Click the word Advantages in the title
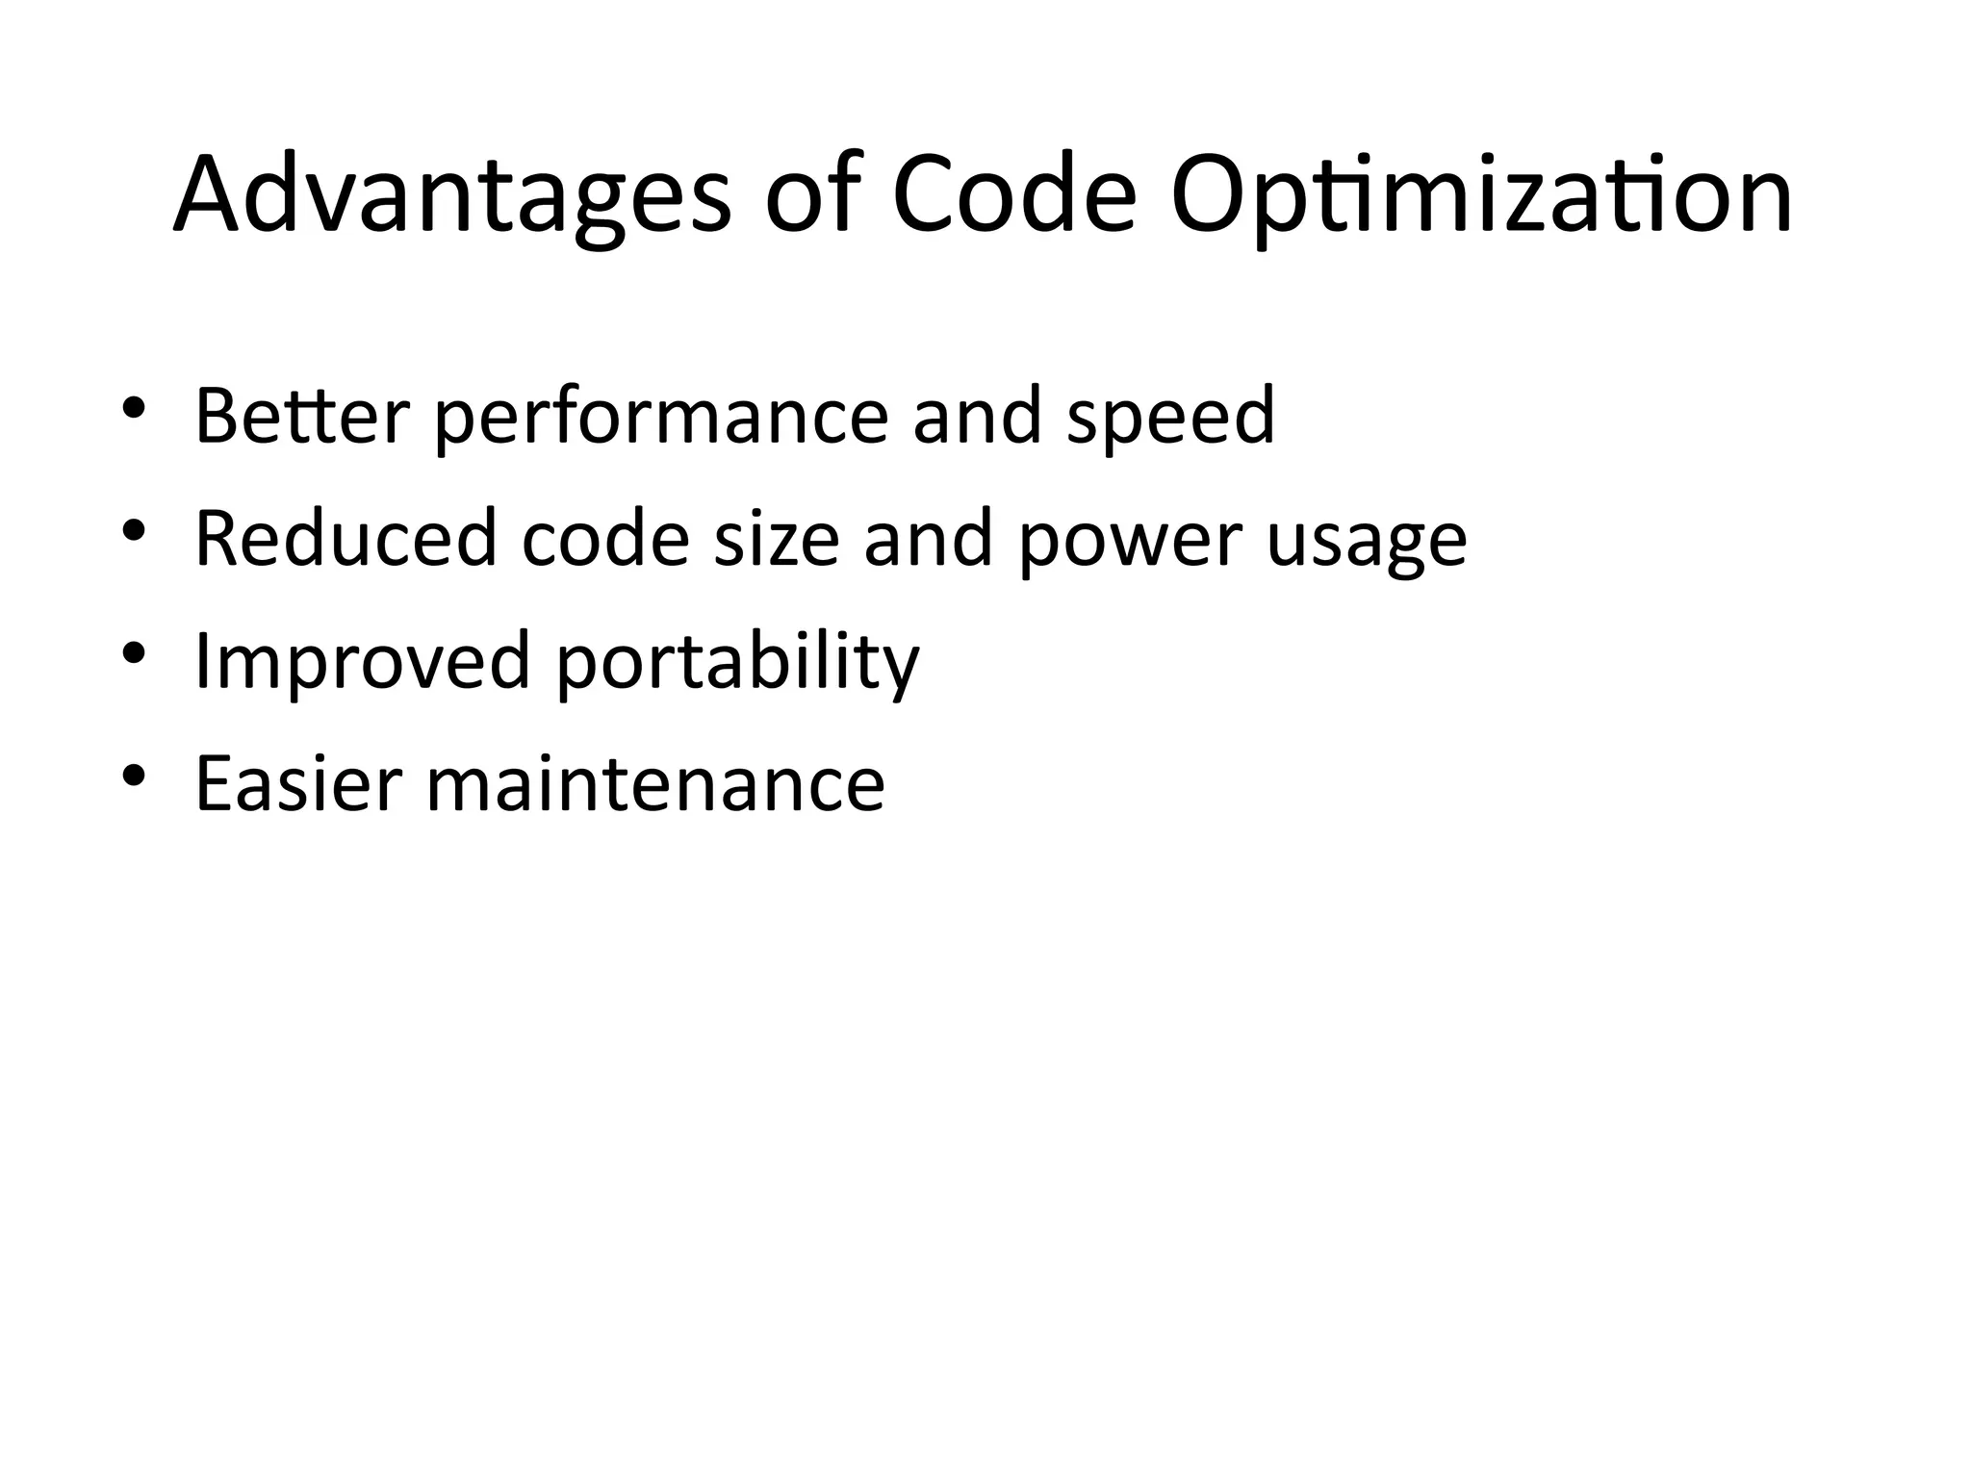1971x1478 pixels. coord(451,195)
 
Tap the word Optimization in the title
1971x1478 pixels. coord(1481,195)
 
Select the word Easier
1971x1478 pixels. coord(298,783)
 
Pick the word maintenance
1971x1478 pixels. coord(655,783)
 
